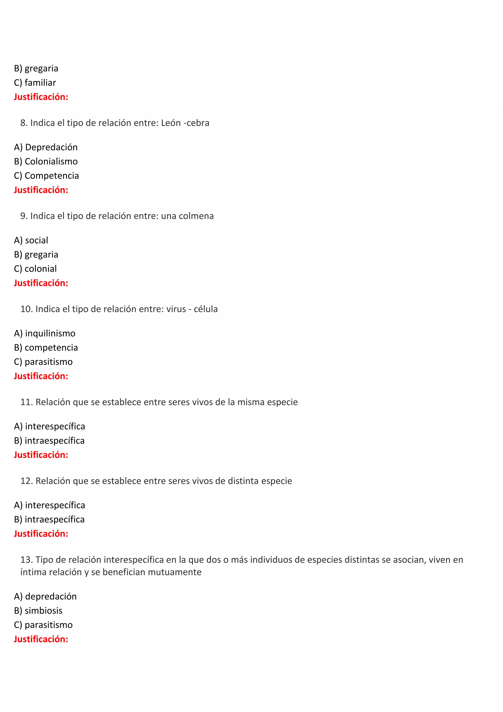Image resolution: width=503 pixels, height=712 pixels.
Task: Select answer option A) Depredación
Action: coord(46,147)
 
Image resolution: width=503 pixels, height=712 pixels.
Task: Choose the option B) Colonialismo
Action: coord(46,162)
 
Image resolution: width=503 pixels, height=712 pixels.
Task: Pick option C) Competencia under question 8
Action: coord(46,176)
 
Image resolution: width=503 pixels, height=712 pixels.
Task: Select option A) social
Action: coord(31,240)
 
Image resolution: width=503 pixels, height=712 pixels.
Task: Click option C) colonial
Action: coord(35,269)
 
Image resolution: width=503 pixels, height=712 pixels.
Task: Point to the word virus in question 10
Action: coord(176,309)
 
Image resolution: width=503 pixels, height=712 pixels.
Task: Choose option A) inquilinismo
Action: coord(45,333)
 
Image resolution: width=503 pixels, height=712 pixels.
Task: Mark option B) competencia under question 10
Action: coord(46,348)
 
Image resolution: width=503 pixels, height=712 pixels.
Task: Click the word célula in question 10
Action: coord(206,309)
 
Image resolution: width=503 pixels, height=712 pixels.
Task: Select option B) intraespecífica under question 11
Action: coord(49,441)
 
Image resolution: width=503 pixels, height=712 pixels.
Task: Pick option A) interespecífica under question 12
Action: coord(50,505)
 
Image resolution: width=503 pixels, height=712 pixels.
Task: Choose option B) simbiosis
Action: coord(38,611)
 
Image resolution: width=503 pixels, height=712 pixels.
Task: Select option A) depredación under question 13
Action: coord(45,596)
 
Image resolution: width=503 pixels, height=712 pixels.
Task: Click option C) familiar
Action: coord(35,83)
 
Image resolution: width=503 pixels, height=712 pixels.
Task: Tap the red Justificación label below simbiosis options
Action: coord(41,639)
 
